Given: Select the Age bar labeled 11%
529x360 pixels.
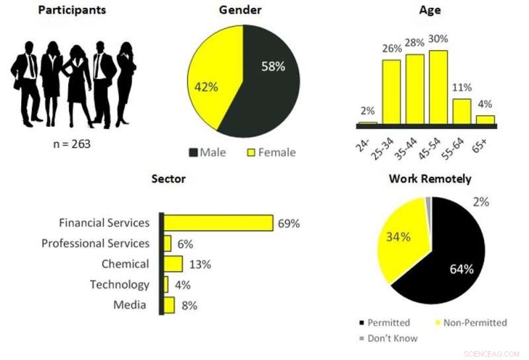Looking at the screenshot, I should [x=462, y=111].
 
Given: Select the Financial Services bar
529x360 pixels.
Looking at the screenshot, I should [x=218, y=223].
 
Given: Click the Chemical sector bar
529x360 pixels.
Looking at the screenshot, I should [x=173, y=264].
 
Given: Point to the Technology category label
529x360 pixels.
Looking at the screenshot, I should [x=120, y=285].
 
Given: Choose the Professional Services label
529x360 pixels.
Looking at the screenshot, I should [x=95, y=244].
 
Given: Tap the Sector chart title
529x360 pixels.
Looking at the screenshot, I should [x=169, y=179].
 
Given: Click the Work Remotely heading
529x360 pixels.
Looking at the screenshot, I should [x=430, y=179].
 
